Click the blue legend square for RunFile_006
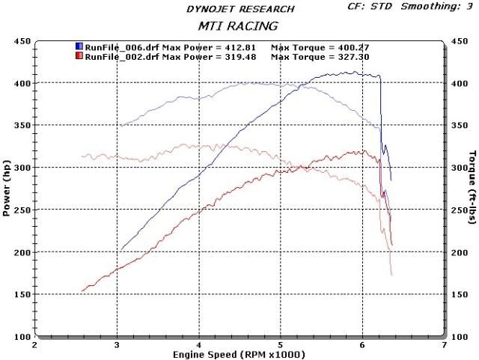pyautogui.click(x=79, y=46)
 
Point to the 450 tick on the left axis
pyautogui.click(x=23, y=40)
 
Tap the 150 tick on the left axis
pyautogui.click(x=23, y=295)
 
